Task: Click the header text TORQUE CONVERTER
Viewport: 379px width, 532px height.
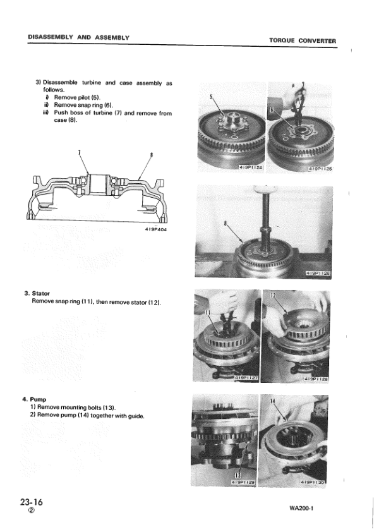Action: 302,41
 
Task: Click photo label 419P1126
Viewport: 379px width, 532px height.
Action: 318,274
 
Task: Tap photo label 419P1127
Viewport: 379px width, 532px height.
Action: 246,378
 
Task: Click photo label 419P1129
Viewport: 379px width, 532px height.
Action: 244,482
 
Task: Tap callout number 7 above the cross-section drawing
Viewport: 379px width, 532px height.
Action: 79,152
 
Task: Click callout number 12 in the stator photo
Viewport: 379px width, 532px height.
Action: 274,297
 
